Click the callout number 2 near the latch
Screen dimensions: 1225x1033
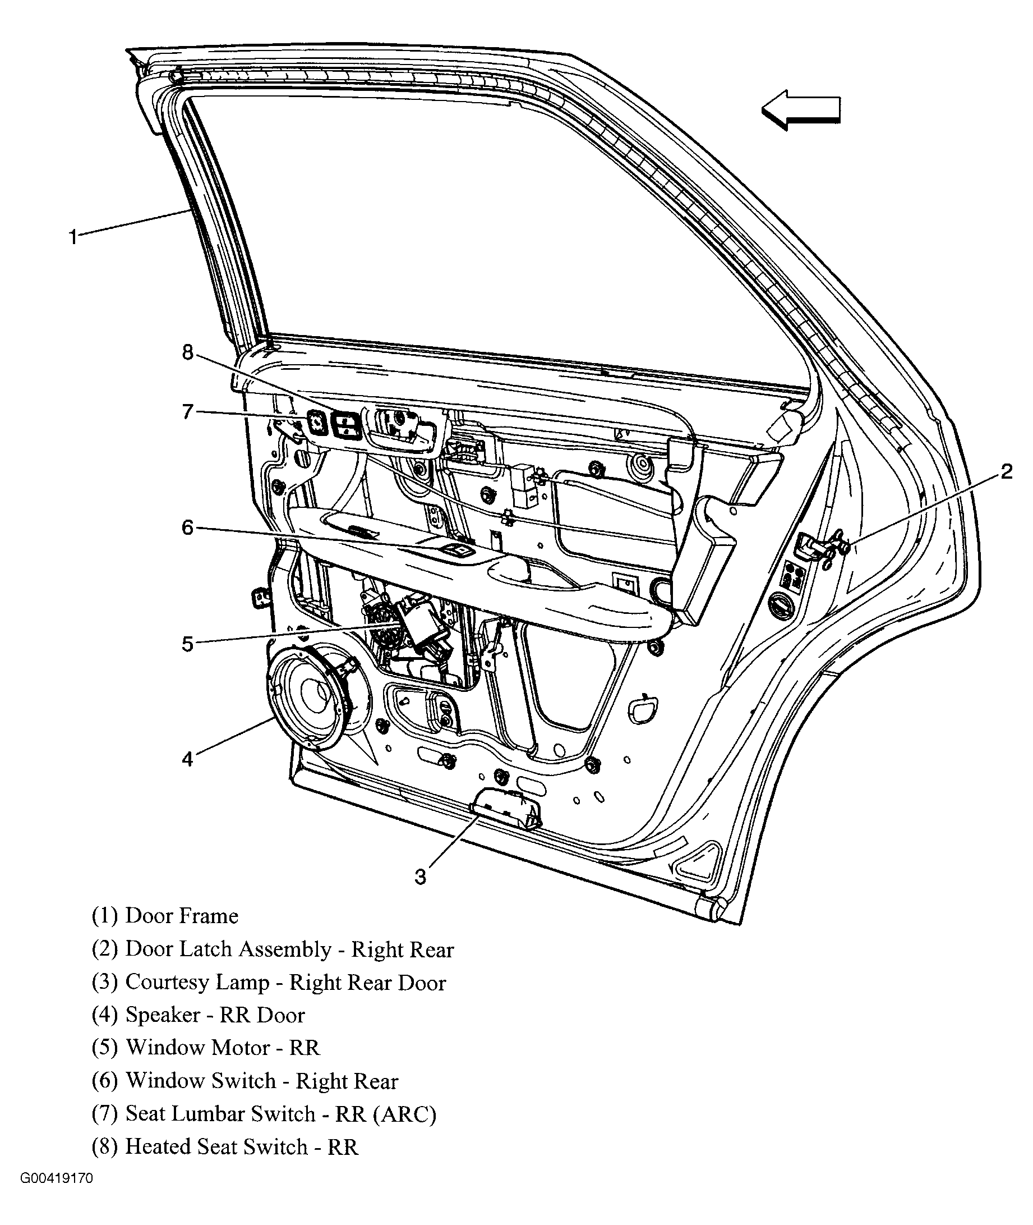pos(1006,471)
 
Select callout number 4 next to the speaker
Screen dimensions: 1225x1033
pos(187,760)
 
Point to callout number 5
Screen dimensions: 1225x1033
pos(187,644)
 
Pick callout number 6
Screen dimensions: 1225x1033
pos(187,528)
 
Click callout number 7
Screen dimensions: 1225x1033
pos(187,412)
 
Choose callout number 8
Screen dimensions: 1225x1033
pos(187,352)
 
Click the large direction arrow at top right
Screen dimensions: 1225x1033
pos(801,109)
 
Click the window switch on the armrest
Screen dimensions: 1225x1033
pos(459,550)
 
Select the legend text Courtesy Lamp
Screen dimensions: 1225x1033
pos(197,983)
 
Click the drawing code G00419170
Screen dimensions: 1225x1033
pos(57,1178)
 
